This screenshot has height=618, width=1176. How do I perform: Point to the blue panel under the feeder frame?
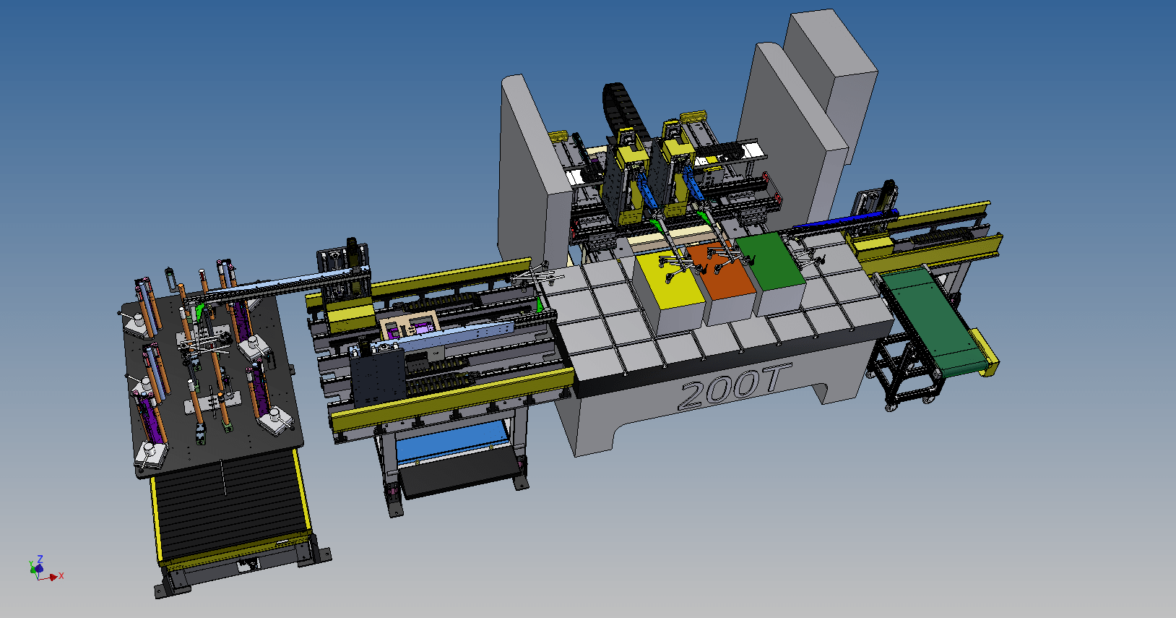[x=451, y=442]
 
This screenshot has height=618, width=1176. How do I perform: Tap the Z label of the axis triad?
[x=40, y=559]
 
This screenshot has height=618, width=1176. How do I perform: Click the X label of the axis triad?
[x=61, y=576]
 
